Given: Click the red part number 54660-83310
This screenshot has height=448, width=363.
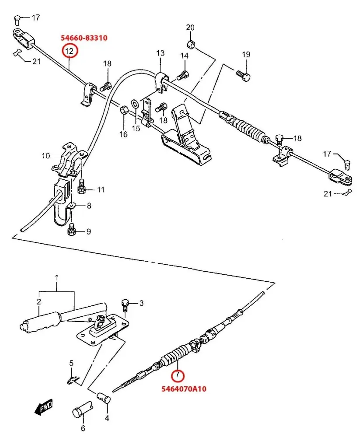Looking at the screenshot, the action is click(84, 38).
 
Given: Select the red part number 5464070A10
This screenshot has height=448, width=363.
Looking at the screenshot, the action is click(184, 389).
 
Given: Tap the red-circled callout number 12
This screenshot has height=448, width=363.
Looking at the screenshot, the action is click(70, 51).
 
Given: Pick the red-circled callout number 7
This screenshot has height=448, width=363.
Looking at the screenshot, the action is click(178, 375).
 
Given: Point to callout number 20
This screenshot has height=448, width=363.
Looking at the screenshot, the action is click(190, 28).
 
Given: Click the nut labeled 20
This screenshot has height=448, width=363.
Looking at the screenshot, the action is click(191, 44).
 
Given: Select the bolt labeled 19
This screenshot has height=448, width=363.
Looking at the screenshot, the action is click(243, 76).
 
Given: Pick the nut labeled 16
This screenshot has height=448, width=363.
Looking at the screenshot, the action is click(123, 110).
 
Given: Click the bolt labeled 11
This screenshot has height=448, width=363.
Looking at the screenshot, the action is click(82, 186).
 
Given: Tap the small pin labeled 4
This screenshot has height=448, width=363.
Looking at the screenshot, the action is click(103, 397).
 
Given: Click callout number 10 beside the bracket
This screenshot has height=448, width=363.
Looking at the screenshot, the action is click(45, 156).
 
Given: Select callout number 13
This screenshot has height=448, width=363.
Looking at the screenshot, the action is click(160, 53).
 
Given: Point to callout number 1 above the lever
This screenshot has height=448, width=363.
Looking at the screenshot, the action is click(56, 277).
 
